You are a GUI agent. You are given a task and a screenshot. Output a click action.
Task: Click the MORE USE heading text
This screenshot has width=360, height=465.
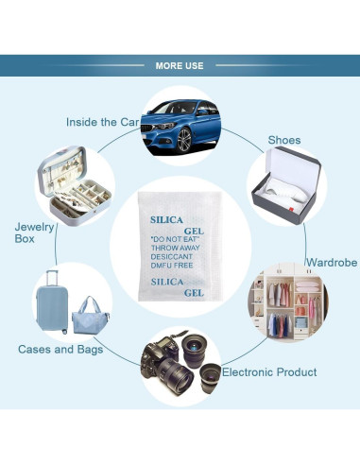click(180, 65)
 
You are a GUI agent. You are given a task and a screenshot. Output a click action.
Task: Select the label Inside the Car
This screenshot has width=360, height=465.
click(103, 122)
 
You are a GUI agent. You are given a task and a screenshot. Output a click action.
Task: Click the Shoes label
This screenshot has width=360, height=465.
click(283, 140)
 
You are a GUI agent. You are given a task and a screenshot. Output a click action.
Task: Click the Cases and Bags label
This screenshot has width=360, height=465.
click(60, 349)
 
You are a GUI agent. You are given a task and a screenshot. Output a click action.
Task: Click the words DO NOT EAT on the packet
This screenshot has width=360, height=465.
click(176, 241)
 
